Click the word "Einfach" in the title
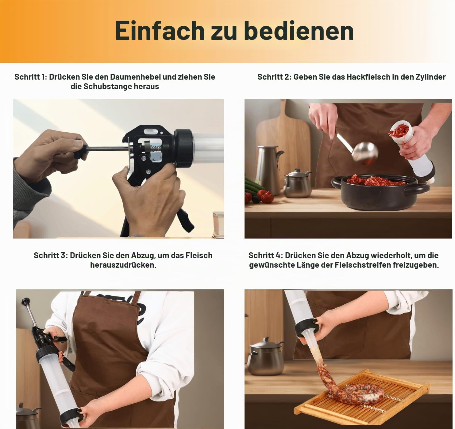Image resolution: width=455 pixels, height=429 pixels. (x=160, y=30)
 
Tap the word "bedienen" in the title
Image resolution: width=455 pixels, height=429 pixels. (x=299, y=30)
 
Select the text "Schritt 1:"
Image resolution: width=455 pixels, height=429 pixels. (x=31, y=77)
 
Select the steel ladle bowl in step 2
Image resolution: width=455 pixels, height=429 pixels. (x=365, y=152)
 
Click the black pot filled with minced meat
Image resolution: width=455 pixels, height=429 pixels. (x=380, y=192)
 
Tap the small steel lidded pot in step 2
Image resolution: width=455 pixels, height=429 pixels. (x=297, y=184)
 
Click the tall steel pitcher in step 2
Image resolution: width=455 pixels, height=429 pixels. (x=269, y=169)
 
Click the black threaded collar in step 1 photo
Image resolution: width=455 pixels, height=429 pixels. (x=183, y=148)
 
